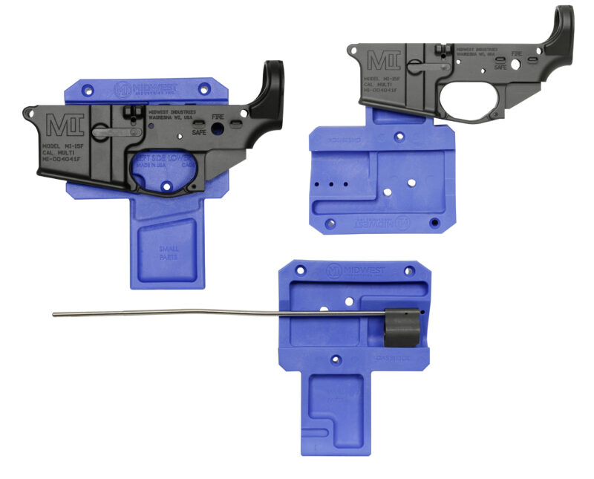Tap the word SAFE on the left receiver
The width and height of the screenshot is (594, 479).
click(x=199, y=132)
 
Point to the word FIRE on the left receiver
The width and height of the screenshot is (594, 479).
click(x=218, y=117)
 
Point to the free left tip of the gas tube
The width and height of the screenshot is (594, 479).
click(x=55, y=314)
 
